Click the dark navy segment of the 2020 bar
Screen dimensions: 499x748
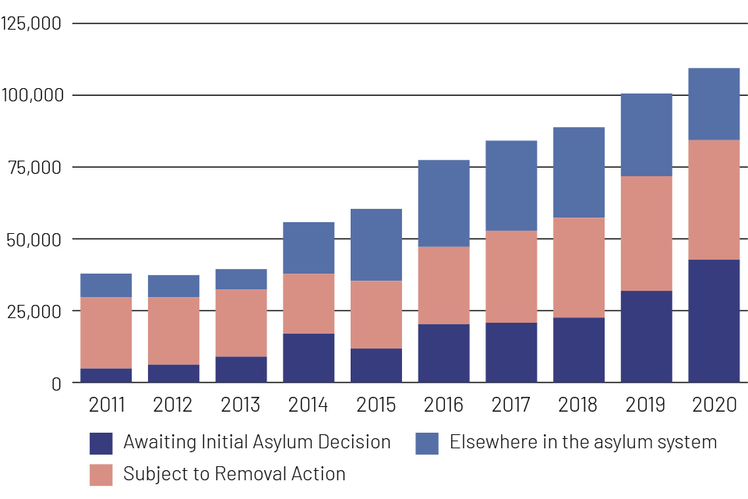pyautogui.click(x=714, y=320)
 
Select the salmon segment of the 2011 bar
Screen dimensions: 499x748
pyautogui.click(x=106, y=332)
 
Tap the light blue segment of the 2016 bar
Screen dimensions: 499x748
pyautogui.click(x=443, y=203)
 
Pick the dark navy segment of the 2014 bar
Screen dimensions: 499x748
pyautogui.click(x=309, y=358)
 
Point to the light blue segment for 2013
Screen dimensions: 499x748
pyautogui.click(x=241, y=279)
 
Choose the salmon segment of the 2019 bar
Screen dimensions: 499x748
pyautogui.click(x=646, y=233)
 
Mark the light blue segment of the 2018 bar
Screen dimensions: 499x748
pyautogui.click(x=578, y=172)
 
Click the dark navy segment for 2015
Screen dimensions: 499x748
pyautogui.click(x=376, y=365)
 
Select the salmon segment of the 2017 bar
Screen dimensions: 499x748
pyautogui.click(x=511, y=276)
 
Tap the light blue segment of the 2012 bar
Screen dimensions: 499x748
pyautogui.click(x=174, y=285)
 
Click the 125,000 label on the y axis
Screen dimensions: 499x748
pyautogui.click(x=32, y=23)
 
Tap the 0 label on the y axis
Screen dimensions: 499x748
pyautogui.click(x=55, y=383)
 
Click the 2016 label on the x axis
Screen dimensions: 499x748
pyautogui.click(x=443, y=405)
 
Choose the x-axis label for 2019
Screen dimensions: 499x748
pyautogui.click(x=646, y=405)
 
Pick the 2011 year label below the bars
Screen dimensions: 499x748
pyautogui.click(x=106, y=405)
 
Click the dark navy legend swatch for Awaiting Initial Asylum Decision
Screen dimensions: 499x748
pyautogui.click(x=101, y=444)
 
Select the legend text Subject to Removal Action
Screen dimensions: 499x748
pyautogui.click(x=234, y=473)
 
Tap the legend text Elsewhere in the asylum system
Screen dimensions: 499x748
pyautogui.click(x=583, y=443)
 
